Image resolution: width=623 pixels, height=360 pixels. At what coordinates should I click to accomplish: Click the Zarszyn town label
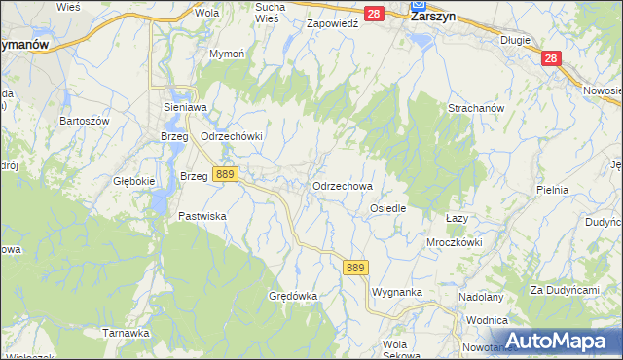[434, 17]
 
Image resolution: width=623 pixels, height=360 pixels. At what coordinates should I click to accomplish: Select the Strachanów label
[475, 108]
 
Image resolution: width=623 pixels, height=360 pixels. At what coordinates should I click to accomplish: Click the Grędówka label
[293, 295]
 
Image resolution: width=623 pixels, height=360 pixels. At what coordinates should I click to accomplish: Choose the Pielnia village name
[552, 190]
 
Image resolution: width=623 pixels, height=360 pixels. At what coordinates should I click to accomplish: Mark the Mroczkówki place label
[455, 241]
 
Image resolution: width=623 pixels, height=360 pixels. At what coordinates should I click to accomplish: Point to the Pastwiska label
[202, 216]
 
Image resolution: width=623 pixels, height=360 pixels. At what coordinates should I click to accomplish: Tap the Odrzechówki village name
[232, 136]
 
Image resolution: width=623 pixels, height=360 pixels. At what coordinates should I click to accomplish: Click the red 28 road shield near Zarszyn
[375, 14]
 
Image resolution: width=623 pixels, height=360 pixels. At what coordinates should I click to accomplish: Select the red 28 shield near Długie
[552, 59]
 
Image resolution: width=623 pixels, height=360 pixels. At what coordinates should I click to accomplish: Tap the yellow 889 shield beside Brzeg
[225, 174]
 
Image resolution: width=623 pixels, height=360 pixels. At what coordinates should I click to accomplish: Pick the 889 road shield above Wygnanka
[355, 268]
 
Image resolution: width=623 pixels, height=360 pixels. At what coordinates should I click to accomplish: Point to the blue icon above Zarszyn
[417, 4]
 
